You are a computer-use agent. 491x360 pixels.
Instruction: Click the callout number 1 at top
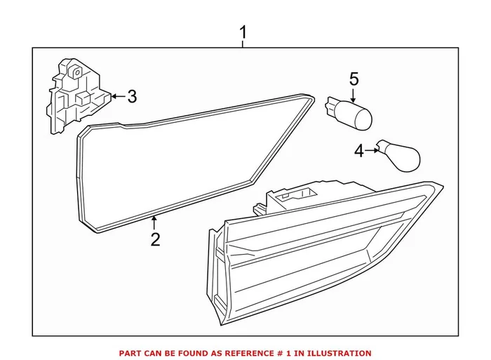[243, 32]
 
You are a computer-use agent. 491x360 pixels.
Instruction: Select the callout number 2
[155, 239]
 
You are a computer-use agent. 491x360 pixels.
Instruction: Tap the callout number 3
[132, 96]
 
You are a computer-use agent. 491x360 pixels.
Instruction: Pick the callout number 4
[359, 151]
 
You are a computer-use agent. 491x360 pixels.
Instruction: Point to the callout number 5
[354, 79]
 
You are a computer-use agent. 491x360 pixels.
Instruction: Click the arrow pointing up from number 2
[154, 224]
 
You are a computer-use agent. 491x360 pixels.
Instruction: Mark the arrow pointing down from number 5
[354, 94]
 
